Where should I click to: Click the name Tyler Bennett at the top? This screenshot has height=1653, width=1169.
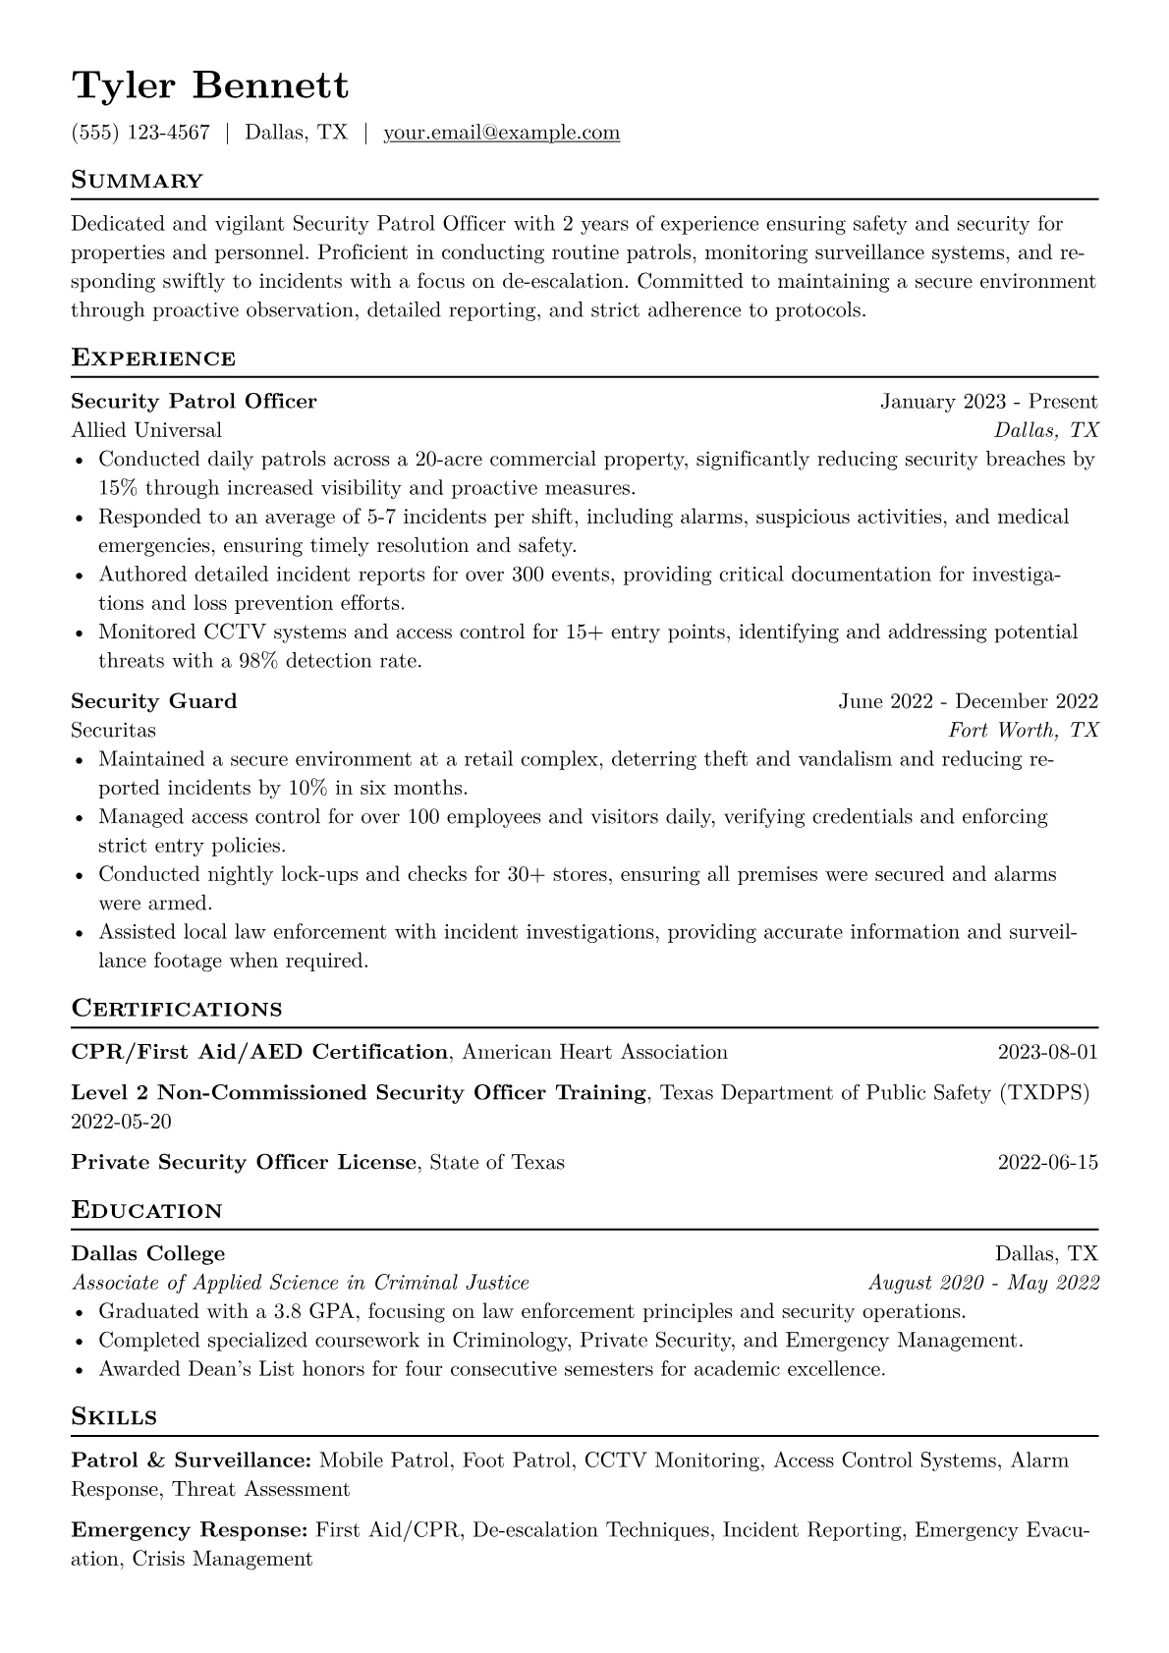pyautogui.click(x=209, y=86)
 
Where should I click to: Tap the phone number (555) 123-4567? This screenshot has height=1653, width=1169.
pyautogui.click(x=140, y=133)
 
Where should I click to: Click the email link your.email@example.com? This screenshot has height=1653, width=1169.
pyautogui.click(x=501, y=133)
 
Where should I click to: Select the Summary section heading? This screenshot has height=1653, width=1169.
pyautogui.click(x=137, y=181)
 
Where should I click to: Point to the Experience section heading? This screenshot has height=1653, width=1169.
pyautogui.click(x=153, y=358)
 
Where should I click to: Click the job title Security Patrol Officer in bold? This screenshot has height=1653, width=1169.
pyautogui.click(x=194, y=402)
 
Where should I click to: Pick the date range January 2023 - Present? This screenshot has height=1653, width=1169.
pyautogui.click(x=988, y=402)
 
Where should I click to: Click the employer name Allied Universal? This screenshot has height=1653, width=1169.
pyautogui.click(x=146, y=430)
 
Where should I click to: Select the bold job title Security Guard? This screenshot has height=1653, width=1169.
pyautogui.click(x=154, y=701)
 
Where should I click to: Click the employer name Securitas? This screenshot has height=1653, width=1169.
pyautogui.click(x=113, y=731)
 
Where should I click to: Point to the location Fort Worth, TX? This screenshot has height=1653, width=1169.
pyautogui.click(x=1023, y=731)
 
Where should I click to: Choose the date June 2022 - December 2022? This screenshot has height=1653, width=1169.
pyautogui.click(x=968, y=701)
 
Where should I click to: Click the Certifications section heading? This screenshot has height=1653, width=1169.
pyautogui.click(x=177, y=1009)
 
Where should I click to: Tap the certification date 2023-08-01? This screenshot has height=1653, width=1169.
pyautogui.click(x=1047, y=1053)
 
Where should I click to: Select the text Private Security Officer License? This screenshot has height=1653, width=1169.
pyautogui.click(x=244, y=1163)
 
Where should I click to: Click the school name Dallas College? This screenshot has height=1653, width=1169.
pyautogui.click(x=148, y=1254)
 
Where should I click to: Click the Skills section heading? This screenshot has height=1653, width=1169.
pyautogui.click(x=114, y=1417)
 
